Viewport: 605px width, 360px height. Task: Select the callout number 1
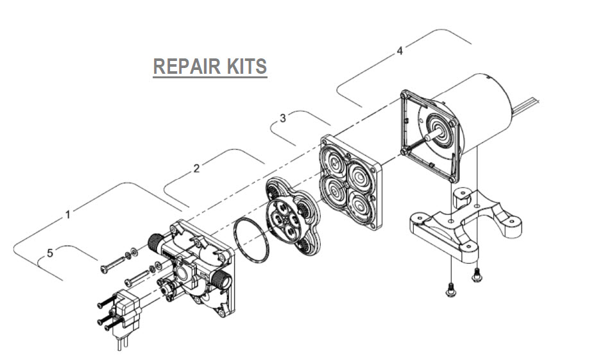68,215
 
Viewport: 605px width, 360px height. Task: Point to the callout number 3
283,118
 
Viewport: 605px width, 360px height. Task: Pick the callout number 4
400,51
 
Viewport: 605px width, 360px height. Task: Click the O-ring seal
253,240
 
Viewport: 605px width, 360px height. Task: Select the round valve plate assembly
289,212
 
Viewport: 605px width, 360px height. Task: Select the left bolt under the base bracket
449,289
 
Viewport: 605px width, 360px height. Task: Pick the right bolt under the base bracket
476,274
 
